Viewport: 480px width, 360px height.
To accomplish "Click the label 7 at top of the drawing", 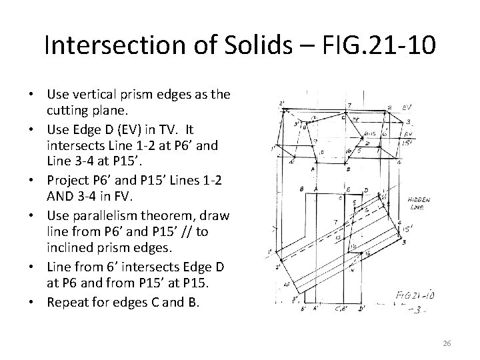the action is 349,105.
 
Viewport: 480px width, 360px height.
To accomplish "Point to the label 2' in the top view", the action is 283,103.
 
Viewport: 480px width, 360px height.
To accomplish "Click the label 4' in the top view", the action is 292,161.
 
